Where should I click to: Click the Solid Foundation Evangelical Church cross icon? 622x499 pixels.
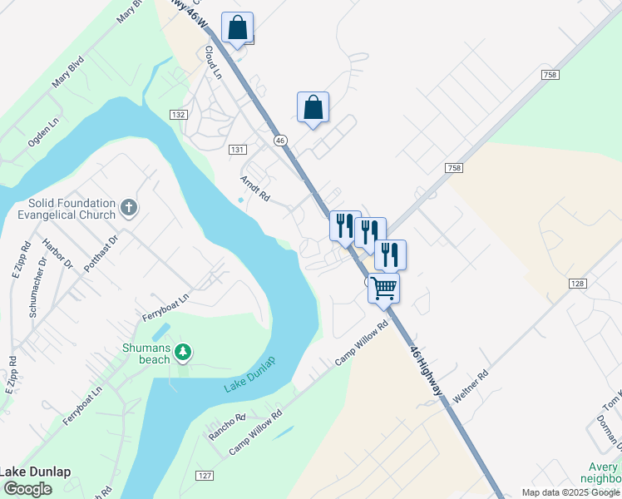pos(128,206)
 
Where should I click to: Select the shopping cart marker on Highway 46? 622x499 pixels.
pos(383,288)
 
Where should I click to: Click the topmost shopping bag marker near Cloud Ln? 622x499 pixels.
pos(238,27)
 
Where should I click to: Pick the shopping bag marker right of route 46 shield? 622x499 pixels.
pos(313,107)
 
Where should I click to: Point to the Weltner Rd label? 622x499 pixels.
pos(471,386)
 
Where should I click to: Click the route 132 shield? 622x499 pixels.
pos(177,114)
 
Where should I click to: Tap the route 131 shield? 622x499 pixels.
pos(237,149)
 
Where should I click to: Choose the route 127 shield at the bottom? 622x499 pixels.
pos(205,476)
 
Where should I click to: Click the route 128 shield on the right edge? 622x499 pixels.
pos(579,284)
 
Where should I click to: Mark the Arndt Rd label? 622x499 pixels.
pos(255,190)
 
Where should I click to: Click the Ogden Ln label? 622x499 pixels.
pos(44,131)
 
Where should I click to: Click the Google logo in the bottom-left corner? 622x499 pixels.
pos(27,489)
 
